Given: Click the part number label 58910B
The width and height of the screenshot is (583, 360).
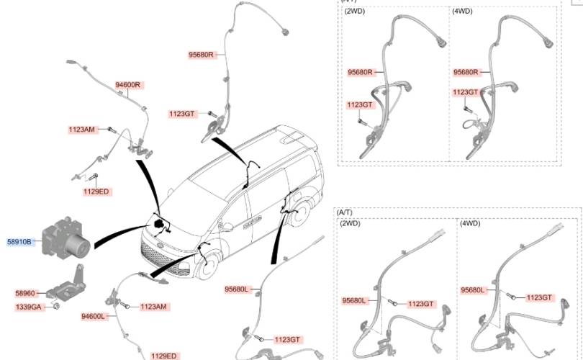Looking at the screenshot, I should click(x=19, y=243).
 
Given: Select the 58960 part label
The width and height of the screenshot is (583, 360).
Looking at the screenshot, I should click(x=24, y=294).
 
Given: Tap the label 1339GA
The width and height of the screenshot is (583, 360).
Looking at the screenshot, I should click(x=28, y=307).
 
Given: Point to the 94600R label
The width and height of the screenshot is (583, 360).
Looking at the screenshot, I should click(x=129, y=85).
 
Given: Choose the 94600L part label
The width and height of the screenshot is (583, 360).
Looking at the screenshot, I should click(x=94, y=316).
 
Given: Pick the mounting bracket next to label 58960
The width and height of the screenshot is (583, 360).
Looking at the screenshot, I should click(x=68, y=284).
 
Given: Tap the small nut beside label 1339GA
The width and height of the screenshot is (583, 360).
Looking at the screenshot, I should click(x=56, y=307).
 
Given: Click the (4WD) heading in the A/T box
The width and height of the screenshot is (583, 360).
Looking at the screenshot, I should click(x=469, y=224).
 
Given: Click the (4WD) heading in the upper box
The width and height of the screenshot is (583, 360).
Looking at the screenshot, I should click(x=462, y=12).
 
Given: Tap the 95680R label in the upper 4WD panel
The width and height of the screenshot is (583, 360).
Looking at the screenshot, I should click(x=466, y=72).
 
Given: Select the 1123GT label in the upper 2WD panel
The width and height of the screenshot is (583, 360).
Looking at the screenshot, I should click(x=360, y=105).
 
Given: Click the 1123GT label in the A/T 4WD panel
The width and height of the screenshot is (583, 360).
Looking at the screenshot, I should click(x=538, y=297).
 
